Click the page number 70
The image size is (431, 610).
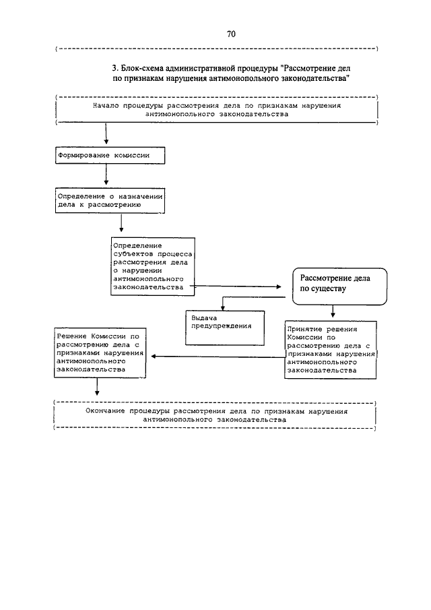click(x=231, y=34)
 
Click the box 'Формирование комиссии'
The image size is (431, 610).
click(x=110, y=155)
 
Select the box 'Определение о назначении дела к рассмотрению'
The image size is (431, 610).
click(x=110, y=201)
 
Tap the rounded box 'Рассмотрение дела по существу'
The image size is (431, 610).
click(x=339, y=286)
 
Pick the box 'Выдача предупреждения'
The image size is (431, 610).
click(x=225, y=328)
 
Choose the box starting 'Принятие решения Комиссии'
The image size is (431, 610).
click(x=331, y=350)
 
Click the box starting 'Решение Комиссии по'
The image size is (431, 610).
click(x=100, y=353)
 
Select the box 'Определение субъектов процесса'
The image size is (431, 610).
click(x=153, y=266)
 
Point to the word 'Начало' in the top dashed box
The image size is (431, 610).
click(x=106, y=106)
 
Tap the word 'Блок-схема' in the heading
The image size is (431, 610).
click(x=142, y=69)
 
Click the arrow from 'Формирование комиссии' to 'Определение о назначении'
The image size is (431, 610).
click(x=106, y=175)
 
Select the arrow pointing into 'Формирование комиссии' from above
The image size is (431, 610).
click(x=106, y=134)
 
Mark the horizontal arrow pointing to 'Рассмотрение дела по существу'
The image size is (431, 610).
click(x=236, y=286)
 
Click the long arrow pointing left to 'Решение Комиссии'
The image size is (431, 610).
click(x=218, y=357)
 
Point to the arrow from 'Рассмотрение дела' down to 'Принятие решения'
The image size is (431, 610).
click(x=333, y=311)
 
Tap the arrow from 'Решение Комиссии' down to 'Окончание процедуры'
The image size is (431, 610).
click(x=97, y=387)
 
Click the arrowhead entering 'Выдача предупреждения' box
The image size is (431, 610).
click(x=223, y=308)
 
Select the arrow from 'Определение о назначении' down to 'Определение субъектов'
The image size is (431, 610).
click(x=122, y=223)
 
